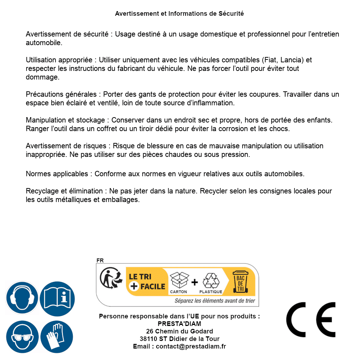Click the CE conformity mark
coord(311,320)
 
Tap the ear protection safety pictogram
coord(22,298)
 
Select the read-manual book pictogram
coord(57,298)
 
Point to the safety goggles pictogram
coord(22,337)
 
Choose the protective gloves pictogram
coord(57,337)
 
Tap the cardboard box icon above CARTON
coord(179,280)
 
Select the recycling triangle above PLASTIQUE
coord(211,280)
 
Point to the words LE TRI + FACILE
coord(147,282)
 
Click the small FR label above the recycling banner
coord(100,260)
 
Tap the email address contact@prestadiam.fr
coord(191,346)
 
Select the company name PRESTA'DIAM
coord(179,324)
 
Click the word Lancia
coord(291,60)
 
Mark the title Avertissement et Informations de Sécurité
coord(179,14)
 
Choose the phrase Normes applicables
coord(57,174)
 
